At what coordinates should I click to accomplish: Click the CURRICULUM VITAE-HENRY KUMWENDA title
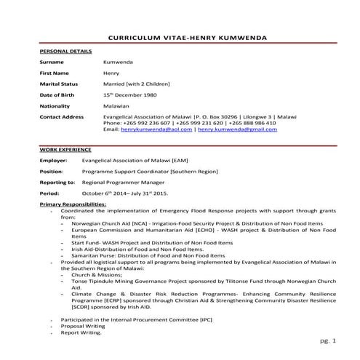(x=187, y=37)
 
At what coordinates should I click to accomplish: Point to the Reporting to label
(x=57, y=182)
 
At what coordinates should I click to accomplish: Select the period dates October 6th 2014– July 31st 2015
(x=135, y=193)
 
